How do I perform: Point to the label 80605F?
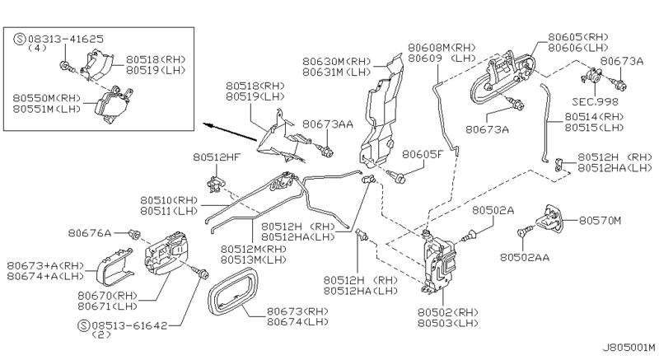click(x=423, y=154)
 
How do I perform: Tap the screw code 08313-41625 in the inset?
click(x=58, y=38)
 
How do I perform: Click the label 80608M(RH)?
click(x=443, y=48)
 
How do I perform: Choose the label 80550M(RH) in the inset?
click(x=46, y=97)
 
